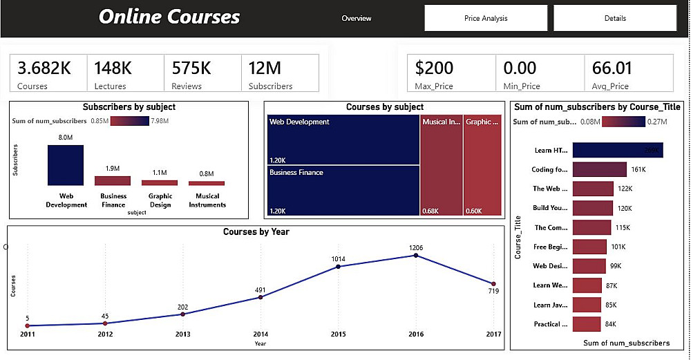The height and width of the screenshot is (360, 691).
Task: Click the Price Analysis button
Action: point(485,19)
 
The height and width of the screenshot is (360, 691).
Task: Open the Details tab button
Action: point(615,19)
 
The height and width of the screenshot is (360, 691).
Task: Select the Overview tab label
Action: point(357,19)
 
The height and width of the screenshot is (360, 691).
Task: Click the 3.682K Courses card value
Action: point(44,68)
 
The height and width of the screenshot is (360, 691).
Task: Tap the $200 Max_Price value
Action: point(434,68)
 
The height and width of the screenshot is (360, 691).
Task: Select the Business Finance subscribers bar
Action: point(113,180)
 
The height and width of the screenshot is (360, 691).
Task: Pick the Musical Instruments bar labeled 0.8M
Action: point(207,183)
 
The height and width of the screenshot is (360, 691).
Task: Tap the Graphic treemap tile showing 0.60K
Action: point(482,166)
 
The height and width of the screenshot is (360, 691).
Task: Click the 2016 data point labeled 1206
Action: point(416,255)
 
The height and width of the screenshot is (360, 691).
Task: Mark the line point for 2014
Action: point(261,297)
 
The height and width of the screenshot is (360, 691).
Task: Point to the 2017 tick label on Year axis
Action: point(493,334)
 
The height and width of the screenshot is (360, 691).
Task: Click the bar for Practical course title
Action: point(587,324)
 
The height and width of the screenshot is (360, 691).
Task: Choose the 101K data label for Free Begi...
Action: point(618,247)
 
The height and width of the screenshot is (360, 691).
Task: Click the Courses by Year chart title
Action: point(256,232)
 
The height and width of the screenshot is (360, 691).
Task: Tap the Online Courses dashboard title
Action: point(169,17)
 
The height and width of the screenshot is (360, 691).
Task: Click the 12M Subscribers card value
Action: point(265,68)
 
